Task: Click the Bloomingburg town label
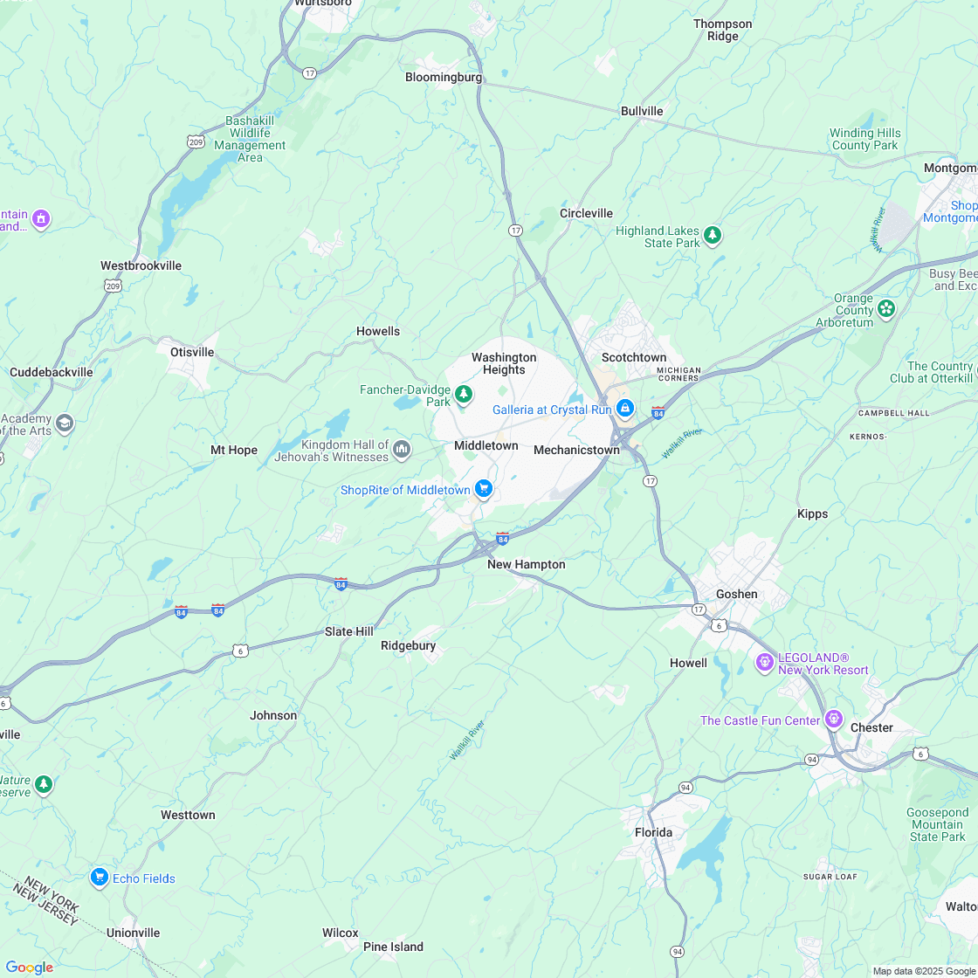point(444,77)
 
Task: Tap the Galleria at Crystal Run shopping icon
point(625,409)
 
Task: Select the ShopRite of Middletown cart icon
point(484,489)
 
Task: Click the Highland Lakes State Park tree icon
point(713,235)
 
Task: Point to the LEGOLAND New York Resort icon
point(765,663)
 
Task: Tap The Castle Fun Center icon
point(834,720)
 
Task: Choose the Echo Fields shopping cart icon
point(100,878)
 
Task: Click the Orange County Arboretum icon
point(886,308)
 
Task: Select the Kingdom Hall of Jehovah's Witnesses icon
point(402,450)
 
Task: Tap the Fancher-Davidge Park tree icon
point(463,396)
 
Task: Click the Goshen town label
point(737,594)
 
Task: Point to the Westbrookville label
point(141,265)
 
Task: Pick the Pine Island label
point(393,947)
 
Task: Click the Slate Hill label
point(349,631)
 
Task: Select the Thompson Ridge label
point(722,30)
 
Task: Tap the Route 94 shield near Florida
point(685,788)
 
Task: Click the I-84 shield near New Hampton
point(502,538)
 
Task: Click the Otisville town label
point(192,352)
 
